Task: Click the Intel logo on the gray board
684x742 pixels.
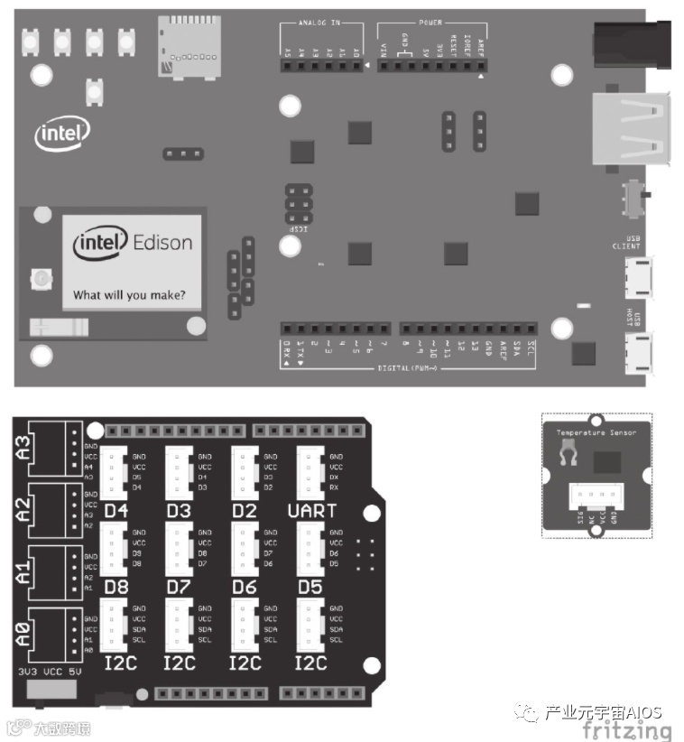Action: click(63, 134)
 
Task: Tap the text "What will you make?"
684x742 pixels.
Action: click(129, 294)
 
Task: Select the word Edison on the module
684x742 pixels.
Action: click(162, 242)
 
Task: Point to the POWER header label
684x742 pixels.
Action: click(430, 22)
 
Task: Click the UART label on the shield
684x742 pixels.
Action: click(311, 511)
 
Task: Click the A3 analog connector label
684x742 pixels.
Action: click(24, 446)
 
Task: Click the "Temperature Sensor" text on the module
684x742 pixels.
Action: click(596, 433)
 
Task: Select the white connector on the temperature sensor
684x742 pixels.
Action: click(596, 498)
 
